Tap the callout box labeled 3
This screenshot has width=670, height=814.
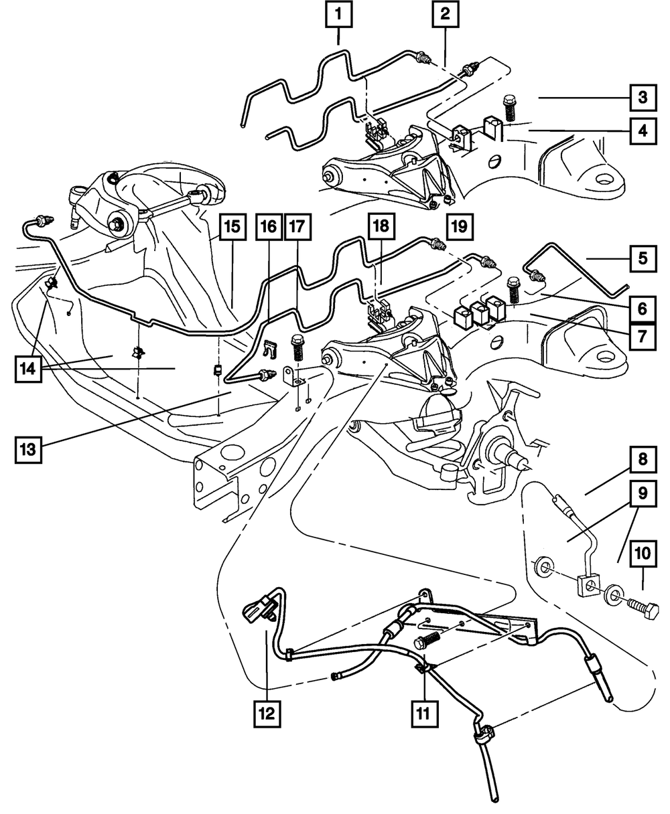(642, 98)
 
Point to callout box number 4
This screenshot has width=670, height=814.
(642, 130)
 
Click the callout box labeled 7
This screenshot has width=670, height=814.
(642, 334)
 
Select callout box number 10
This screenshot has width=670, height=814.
(642, 554)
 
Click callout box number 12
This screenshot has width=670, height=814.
(267, 714)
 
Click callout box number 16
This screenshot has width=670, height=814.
(267, 228)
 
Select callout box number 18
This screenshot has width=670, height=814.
(380, 226)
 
